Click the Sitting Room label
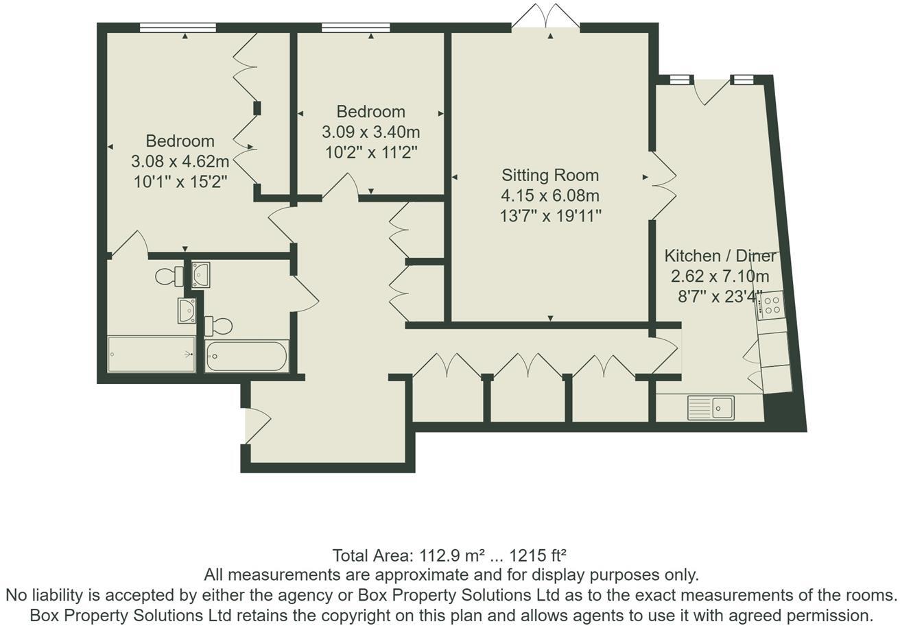[x=550, y=175]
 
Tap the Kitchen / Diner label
[x=720, y=256]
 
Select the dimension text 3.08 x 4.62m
[x=180, y=161]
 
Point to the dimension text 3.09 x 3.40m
[x=371, y=132]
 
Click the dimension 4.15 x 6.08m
[x=550, y=195]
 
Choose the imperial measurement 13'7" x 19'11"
[x=550, y=217]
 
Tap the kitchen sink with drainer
[x=711, y=407]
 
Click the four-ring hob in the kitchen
[x=770, y=305]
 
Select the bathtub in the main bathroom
[x=246, y=356]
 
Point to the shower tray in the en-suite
[x=152, y=354]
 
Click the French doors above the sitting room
[x=545, y=16]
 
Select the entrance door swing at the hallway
[x=257, y=426]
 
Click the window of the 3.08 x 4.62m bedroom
[x=178, y=27]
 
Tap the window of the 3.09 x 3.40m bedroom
[x=356, y=27]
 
